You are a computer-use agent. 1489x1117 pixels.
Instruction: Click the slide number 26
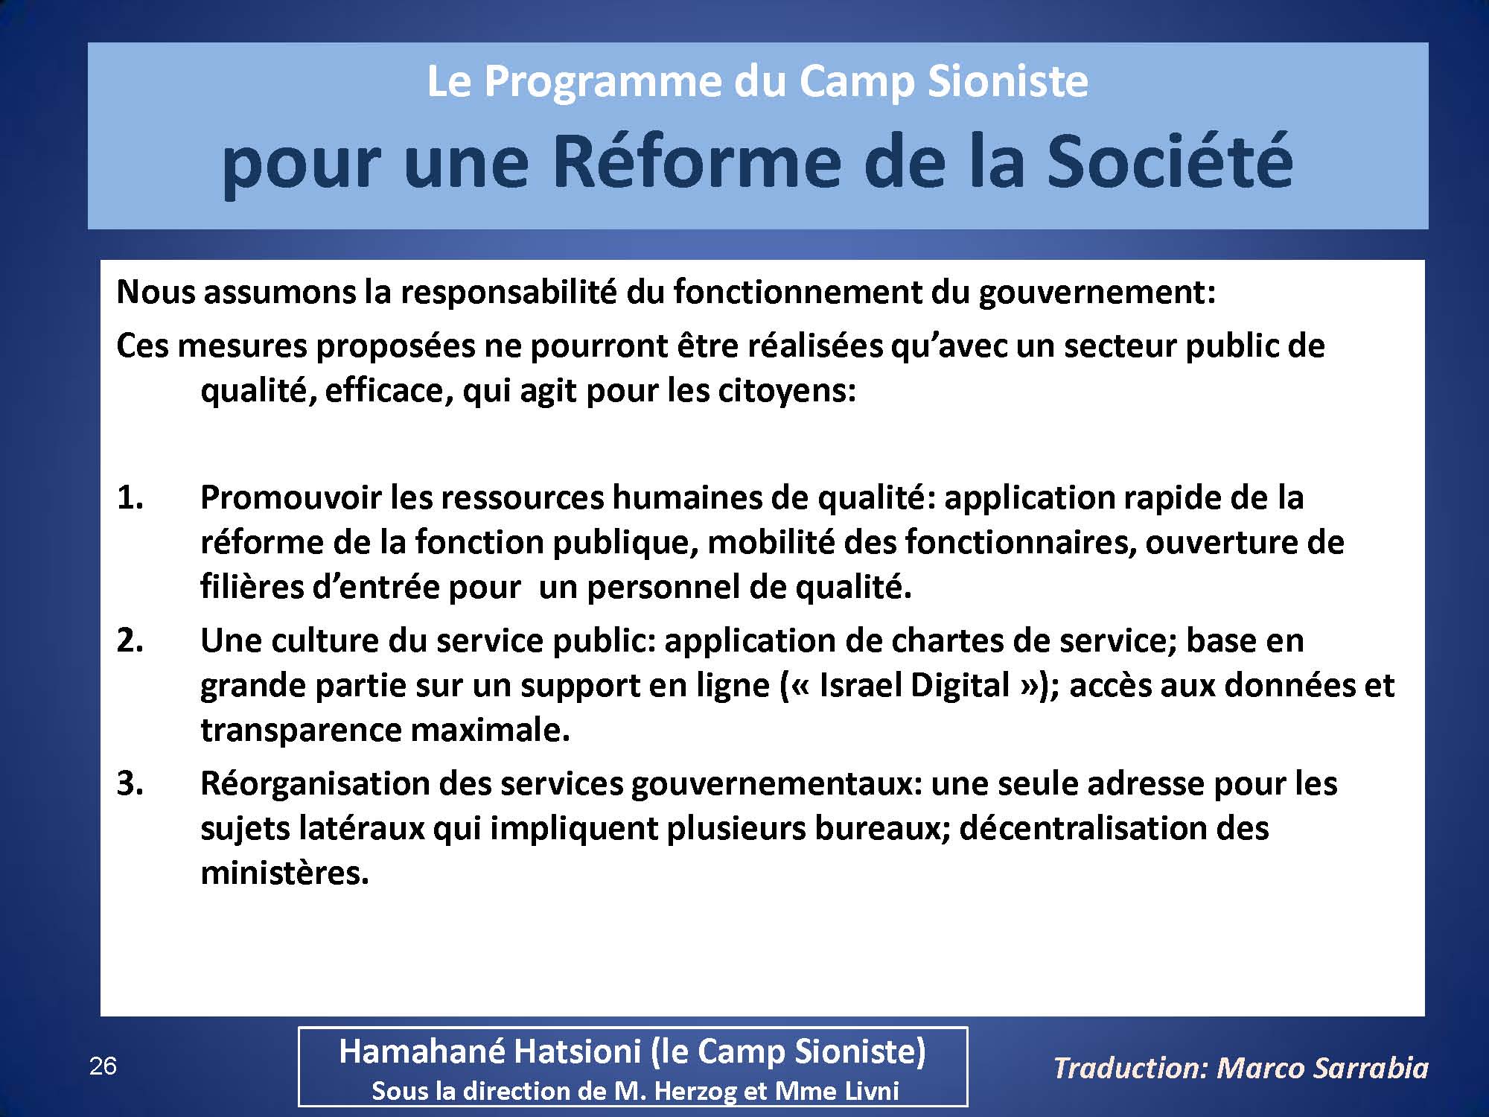[103, 1066]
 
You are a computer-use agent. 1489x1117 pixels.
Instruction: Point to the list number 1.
[130, 497]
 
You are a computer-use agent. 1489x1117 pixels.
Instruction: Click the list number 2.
[130, 640]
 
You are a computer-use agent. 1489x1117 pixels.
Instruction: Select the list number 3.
[130, 783]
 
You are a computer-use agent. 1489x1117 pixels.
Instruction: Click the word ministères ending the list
[285, 873]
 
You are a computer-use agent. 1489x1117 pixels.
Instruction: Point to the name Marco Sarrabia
[1323, 1068]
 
